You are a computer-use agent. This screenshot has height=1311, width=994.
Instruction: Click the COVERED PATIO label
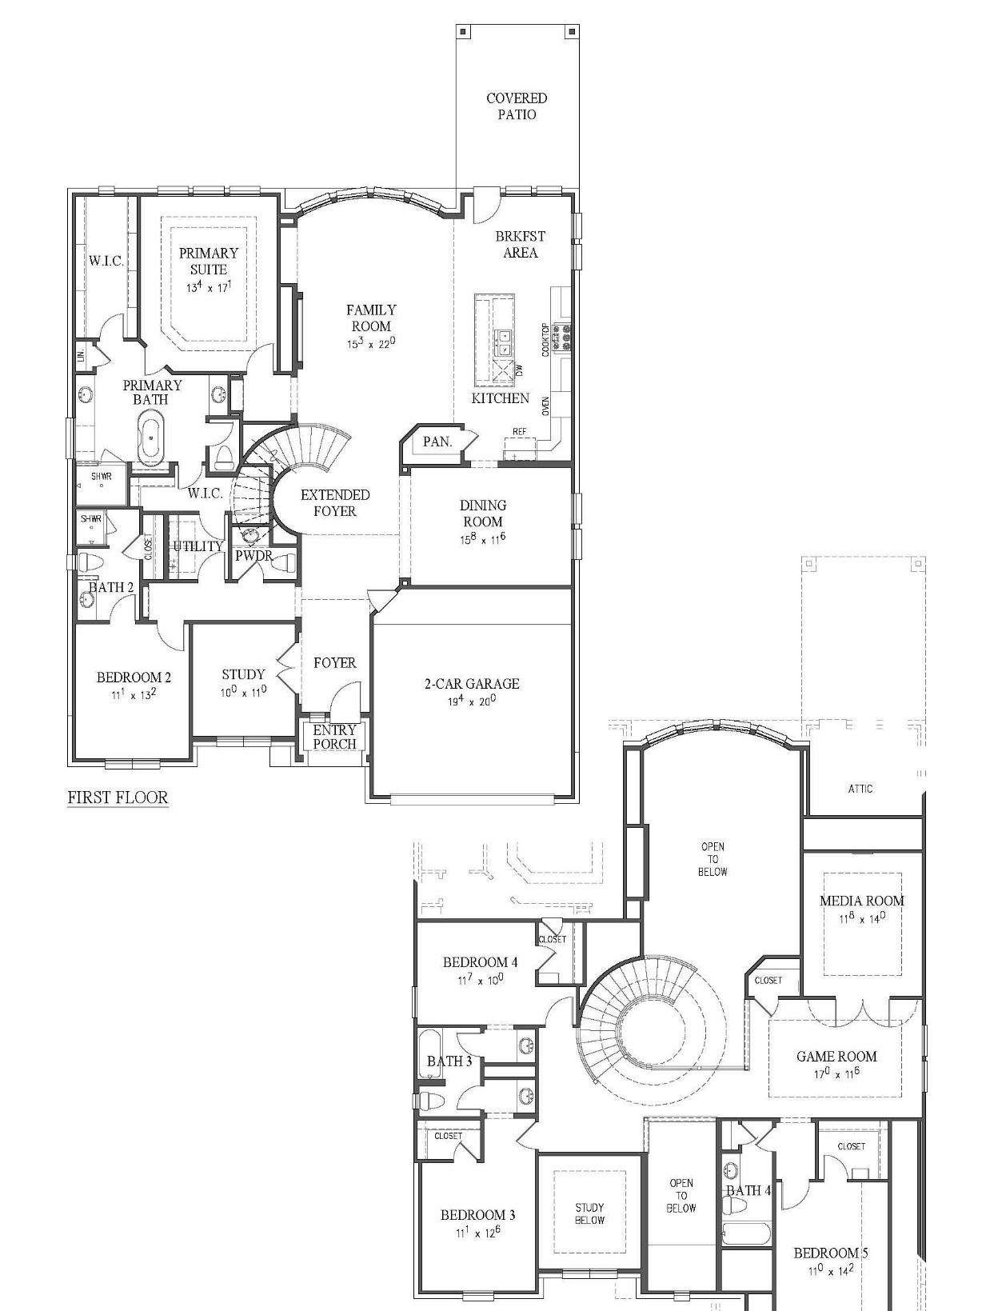coord(517,106)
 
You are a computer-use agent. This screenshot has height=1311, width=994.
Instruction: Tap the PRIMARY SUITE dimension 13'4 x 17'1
coord(208,286)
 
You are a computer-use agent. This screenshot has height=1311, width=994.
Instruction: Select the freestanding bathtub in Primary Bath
coord(150,437)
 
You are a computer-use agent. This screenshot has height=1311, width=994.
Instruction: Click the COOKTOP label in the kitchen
coord(546,339)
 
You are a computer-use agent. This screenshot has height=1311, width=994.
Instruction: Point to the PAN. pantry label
coord(437,442)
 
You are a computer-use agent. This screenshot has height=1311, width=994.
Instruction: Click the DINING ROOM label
coord(482,513)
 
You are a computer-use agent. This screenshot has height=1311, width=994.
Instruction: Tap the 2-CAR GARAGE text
coord(471,683)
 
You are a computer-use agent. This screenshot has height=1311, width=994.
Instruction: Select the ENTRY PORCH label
coord(334,737)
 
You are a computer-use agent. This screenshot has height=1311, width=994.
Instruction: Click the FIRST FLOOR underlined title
coord(118,797)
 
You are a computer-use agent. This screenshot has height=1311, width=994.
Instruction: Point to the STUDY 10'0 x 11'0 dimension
coord(243,691)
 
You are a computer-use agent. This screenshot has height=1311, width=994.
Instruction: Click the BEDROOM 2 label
coord(134,677)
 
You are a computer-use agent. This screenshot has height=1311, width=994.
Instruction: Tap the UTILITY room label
coord(198,546)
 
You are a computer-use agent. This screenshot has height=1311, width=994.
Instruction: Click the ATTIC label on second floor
coord(860,789)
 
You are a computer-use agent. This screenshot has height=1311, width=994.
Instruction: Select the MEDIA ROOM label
coord(861,901)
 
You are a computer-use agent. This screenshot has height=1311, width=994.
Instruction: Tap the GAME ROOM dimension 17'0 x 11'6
coord(836,1073)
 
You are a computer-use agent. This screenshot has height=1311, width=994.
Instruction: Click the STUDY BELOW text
coord(589,1213)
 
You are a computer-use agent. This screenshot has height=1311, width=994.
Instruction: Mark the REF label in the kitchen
coord(519,432)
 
